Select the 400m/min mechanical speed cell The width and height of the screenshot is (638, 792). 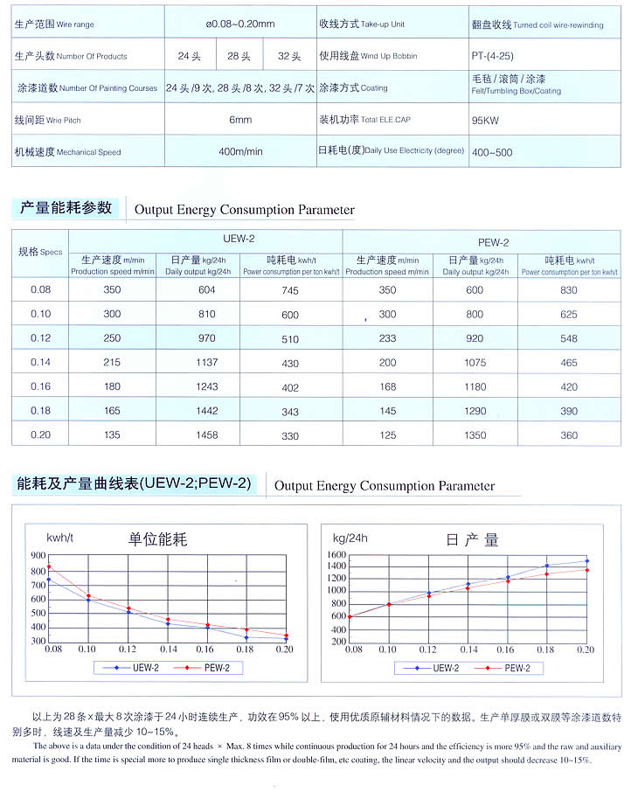point(240,152)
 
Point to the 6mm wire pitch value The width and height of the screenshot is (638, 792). point(240,120)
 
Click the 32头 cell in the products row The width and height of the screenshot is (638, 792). point(289,57)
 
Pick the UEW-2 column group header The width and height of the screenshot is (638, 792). point(239,239)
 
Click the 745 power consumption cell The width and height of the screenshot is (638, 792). point(290,290)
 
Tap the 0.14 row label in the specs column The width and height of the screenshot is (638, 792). point(41,362)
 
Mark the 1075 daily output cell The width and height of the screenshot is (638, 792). point(475,363)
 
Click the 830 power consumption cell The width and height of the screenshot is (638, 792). point(569,290)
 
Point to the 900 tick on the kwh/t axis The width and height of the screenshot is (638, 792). point(38,555)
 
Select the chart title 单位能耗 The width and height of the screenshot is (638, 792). point(157,539)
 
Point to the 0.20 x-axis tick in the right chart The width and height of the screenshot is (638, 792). point(586,650)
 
